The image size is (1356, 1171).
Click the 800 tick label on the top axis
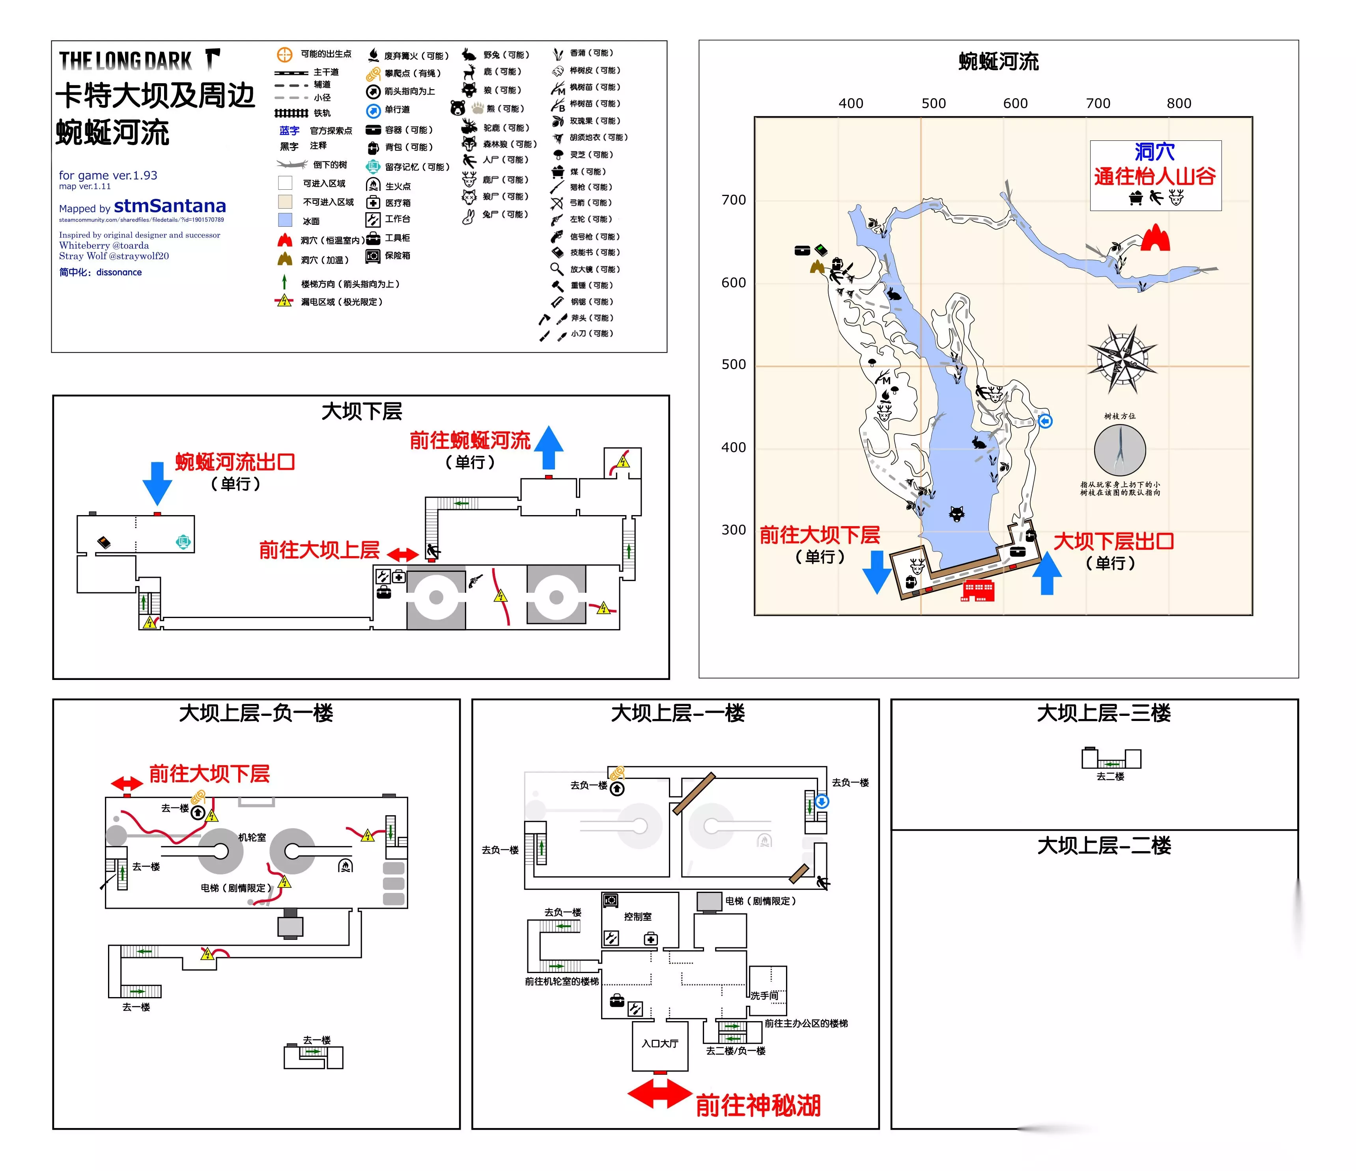[x=1179, y=103]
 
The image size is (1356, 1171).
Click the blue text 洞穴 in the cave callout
[x=1154, y=152]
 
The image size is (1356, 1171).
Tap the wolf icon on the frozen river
[x=957, y=514]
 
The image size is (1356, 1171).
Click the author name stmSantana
[x=170, y=206]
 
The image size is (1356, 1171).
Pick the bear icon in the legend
[x=458, y=108]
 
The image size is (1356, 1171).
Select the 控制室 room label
[x=637, y=916]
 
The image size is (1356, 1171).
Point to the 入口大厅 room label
[x=660, y=1043]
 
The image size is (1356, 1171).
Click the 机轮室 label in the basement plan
[x=252, y=837]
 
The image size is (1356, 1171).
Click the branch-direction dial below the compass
[x=1120, y=450]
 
